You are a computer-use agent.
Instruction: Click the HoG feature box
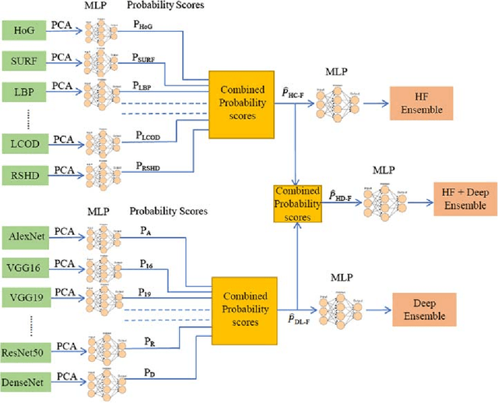click(25, 31)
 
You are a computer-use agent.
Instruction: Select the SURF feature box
click(25, 60)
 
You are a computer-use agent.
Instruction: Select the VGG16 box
click(26, 267)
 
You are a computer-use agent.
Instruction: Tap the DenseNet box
click(26, 380)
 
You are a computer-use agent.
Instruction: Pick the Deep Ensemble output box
click(424, 309)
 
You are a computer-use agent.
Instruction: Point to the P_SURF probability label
click(146, 57)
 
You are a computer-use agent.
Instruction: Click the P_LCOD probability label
click(146, 135)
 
